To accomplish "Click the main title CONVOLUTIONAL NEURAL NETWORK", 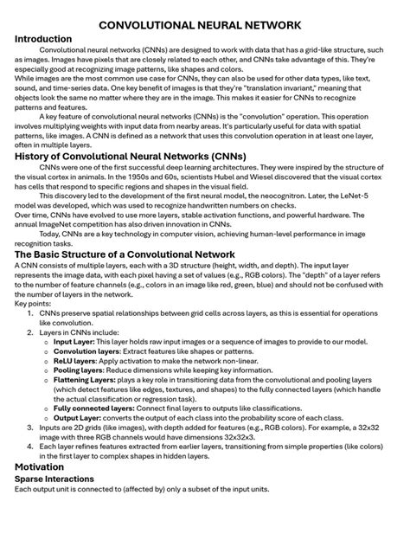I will pos(205,26).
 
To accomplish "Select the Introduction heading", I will pos(44,40).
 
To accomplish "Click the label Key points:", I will pos(32,304).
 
